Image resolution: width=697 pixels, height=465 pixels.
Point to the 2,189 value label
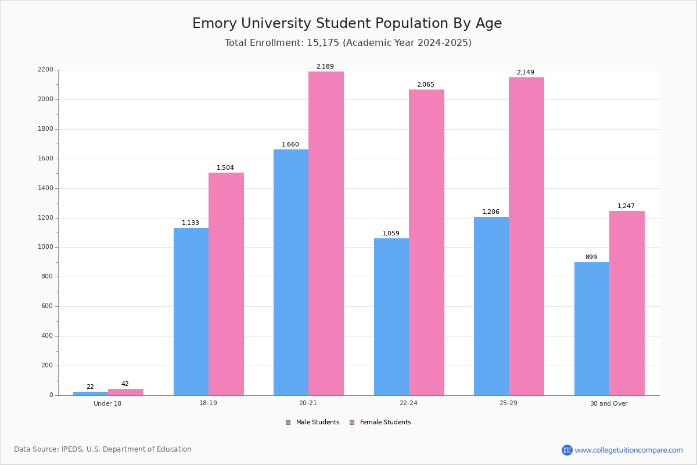coord(325,67)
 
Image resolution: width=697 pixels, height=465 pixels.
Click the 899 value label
coord(591,257)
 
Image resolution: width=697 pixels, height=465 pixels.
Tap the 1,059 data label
coord(391,234)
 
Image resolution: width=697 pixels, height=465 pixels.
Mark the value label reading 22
coord(90,387)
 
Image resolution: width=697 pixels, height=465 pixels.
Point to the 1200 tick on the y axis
coord(45,218)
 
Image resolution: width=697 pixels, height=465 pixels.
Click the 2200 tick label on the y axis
coord(45,70)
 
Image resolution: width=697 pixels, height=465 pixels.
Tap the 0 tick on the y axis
coord(51,395)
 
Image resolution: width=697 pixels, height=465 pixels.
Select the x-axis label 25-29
coord(508,403)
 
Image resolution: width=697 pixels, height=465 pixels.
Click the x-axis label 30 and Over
coord(609,403)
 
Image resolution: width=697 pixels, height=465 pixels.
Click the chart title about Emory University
coord(347,24)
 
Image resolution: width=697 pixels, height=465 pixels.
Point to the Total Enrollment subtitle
coord(348,43)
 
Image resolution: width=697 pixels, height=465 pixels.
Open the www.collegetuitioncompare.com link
coord(628,450)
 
